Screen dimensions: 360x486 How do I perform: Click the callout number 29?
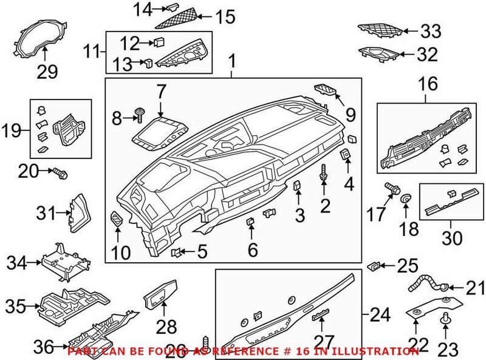click(47, 72)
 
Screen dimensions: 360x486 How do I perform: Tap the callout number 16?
click(428, 84)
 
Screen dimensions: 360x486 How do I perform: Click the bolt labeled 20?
click(60, 174)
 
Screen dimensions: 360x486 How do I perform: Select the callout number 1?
click(231, 61)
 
